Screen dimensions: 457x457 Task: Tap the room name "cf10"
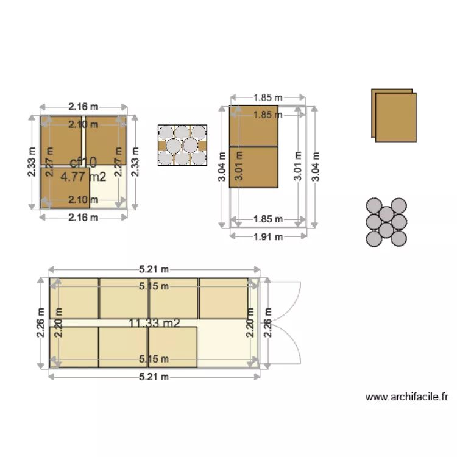(x=83, y=162)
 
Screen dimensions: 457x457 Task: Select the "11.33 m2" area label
(x=154, y=323)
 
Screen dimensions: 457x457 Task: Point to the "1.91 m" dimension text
(x=268, y=237)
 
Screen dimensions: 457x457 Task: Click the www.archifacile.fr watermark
(x=406, y=397)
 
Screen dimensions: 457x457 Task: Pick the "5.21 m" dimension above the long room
(x=154, y=269)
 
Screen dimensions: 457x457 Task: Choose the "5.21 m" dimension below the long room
(x=154, y=377)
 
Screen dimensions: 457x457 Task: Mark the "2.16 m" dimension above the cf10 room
(x=83, y=107)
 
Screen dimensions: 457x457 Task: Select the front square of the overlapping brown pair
(x=396, y=117)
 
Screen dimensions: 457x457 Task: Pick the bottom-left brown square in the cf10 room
(x=65, y=188)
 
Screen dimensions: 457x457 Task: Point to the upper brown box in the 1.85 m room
(x=253, y=126)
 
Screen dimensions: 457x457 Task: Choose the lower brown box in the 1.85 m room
(x=253, y=166)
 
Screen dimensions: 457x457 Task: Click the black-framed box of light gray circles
(x=182, y=146)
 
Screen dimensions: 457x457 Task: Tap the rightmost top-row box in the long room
(x=224, y=299)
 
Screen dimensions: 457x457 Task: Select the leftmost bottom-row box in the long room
(x=74, y=347)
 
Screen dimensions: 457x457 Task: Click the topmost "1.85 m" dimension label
(x=268, y=97)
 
